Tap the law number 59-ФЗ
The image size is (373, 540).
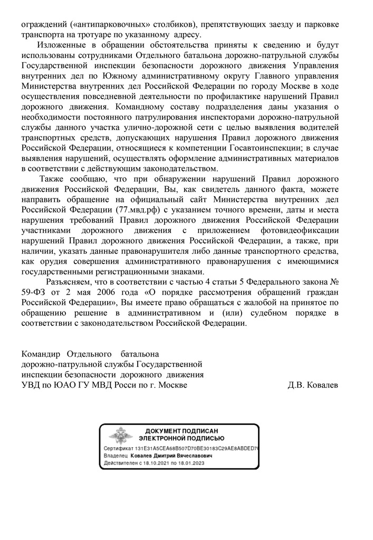[34, 293]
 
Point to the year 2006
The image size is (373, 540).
[118, 293]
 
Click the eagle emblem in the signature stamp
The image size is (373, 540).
[118, 436]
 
